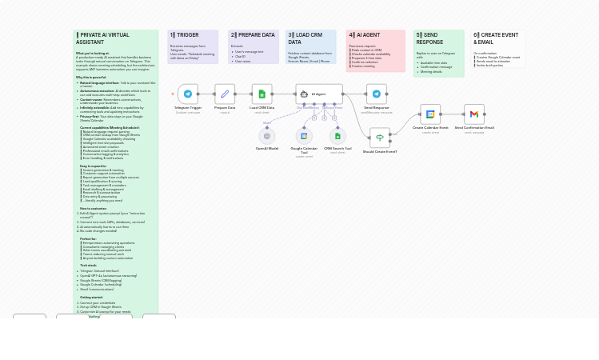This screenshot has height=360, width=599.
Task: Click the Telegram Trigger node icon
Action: click(188, 94)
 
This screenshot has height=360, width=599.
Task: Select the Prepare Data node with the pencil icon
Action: click(225, 94)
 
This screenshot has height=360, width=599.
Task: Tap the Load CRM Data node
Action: click(262, 94)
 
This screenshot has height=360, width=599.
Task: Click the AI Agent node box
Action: click(319, 94)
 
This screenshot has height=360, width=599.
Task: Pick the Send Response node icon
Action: click(377, 94)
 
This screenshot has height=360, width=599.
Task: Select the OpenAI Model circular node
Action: click(267, 136)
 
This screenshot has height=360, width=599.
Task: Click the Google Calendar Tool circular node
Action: click(304, 136)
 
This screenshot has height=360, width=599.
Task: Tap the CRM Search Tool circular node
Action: click(337, 136)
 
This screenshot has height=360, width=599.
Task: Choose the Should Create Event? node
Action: click(380, 138)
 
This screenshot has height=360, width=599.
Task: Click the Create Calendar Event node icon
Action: click(430, 114)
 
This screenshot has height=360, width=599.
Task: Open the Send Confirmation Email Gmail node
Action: click(474, 114)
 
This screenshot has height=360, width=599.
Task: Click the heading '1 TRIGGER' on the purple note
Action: click(185, 35)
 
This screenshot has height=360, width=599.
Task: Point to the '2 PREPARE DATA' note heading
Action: click(253, 35)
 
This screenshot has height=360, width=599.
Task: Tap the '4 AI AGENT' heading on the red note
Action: click(365, 35)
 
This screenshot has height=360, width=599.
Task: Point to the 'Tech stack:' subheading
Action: click(88, 265)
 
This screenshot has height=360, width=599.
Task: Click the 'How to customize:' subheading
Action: click(93, 208)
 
